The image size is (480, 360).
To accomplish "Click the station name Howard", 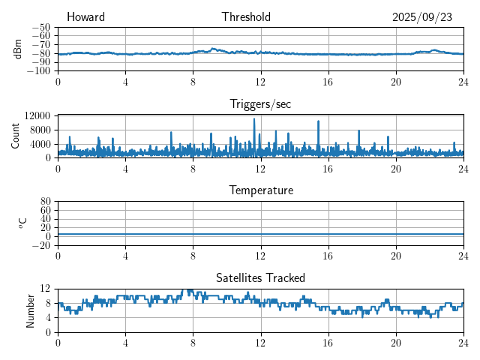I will point(85,17).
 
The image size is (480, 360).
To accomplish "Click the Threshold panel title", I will point(246,17).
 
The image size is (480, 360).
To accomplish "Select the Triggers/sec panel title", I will point(260,104).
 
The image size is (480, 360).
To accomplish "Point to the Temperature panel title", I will point(260,190).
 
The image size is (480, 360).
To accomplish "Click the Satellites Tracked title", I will point(260,277).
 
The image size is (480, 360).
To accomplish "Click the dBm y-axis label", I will point(17,49).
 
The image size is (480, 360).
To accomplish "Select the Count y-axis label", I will point(15,136).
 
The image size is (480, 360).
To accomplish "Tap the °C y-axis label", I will point(22,223).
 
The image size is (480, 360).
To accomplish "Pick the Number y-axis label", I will point(30,310).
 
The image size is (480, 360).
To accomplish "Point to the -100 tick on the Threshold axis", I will point(39,70).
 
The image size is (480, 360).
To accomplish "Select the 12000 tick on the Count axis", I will point(36,115).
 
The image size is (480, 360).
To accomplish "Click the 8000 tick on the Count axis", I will point(39,129).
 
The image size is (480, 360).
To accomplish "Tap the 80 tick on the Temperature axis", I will point(45,202).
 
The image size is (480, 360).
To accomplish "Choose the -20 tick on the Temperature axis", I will point(42,245).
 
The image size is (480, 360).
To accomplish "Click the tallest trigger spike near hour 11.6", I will point(254,119).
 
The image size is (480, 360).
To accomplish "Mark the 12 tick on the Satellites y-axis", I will point(45,289).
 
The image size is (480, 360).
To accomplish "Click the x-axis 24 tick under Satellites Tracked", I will point(463,342).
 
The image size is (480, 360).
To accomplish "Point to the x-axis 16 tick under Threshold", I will point(328,81).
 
